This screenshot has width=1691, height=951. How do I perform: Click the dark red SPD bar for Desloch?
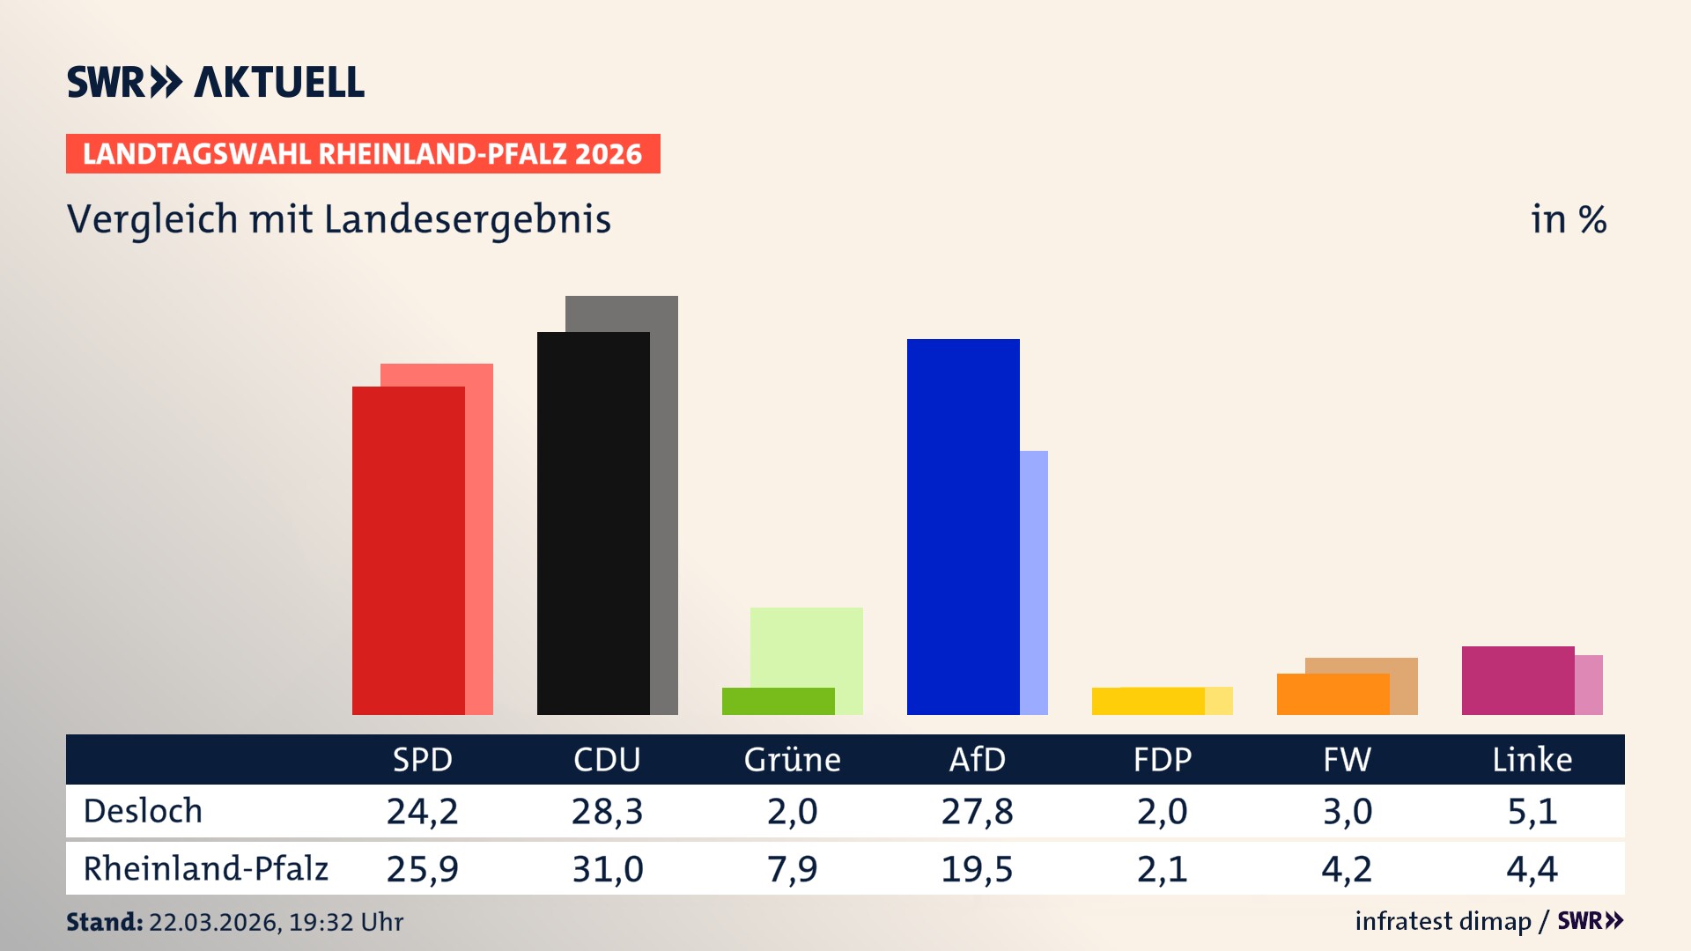[x=408, y=550]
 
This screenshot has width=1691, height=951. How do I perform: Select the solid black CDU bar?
[x=593, y=524]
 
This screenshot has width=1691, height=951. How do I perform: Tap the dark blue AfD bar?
[x=963, y=527]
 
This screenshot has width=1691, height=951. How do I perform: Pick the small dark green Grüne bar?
[x=778, y=701]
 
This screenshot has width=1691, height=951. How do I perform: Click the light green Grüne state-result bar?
[x=807, y=646]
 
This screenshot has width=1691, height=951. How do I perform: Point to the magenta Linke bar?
[x=1517, y=681]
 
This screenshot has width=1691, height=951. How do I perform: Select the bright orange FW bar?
[x=1333, y=694]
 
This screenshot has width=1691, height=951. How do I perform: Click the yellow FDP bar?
[x=1148, y=701]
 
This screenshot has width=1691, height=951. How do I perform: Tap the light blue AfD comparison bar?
[x=1034, y=581]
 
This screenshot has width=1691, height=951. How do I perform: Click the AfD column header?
[x=977, y=759]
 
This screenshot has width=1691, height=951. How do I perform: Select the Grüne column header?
[x=792, y=759]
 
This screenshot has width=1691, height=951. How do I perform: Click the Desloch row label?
[x=143, y=811]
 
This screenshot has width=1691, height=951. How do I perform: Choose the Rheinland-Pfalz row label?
[x=205, y=869]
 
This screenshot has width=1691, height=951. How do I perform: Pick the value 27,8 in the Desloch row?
[x=977, y=811]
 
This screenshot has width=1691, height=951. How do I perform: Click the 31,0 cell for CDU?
[x=607, y=869]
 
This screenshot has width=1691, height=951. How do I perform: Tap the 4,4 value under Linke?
[x=1532, y=869]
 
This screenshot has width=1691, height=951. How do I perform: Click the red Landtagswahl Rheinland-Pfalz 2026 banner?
[x=363, y=154]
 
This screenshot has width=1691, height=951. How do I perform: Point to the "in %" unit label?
[x=1568, y=220]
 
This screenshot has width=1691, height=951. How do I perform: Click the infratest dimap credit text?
[x=1443, y=921]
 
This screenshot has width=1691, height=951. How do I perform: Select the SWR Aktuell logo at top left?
[x=216, y=82]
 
